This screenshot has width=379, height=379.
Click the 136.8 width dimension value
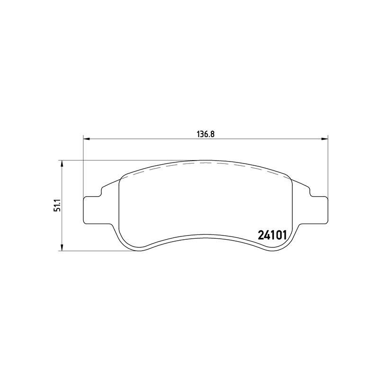pyautogui.click(x=206, y=134)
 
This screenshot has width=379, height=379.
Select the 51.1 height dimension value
pyautogui.click(x=57, y=206)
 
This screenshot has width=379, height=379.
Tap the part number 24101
pyautogui.click(x=272, y=235)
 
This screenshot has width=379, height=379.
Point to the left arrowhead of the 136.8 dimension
pyautogui.click(x=86, y=139)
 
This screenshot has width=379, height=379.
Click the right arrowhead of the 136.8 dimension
pyautogui.click(x=325, y=139)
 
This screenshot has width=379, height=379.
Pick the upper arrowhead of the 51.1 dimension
pyautogui.click(x=62, y=163)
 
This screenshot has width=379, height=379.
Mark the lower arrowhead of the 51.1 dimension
pyautogui.click(x=62, y=247)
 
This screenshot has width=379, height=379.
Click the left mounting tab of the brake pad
pyautogui.click(x=93, y=210)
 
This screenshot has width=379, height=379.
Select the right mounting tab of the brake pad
pyautogui.click(x=318, y=210)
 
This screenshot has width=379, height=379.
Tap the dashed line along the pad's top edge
pyautogui.click(x=206, y=163)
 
